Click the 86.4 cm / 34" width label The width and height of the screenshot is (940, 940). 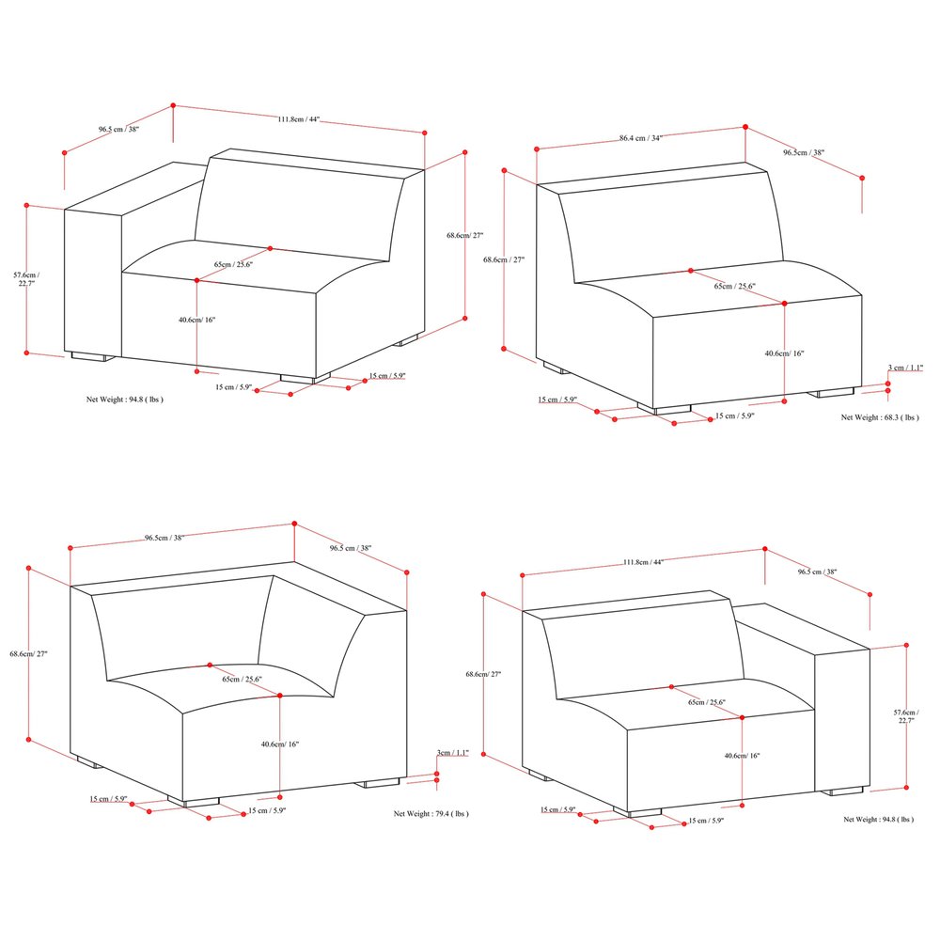tap(641, 138)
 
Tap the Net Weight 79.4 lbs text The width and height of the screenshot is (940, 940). tap(431, 813)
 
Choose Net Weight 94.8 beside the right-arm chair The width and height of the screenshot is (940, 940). tap(878, 819)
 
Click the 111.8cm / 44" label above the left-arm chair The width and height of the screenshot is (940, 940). tap(299, 119)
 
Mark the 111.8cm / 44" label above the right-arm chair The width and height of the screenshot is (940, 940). tap(643, 562)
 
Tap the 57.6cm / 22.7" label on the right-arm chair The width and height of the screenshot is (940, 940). tap(906, 719)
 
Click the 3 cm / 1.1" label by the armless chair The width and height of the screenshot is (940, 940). tap(906, 368)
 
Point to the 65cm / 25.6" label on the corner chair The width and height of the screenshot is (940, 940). tap(242, 679)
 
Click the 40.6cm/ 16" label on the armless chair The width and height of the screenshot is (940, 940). tap(784, 353)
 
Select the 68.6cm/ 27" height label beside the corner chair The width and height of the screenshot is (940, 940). tap(28, 653)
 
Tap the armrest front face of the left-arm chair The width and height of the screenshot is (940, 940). tap(92, 282)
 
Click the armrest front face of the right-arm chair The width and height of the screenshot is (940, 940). tap(842, 719)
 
